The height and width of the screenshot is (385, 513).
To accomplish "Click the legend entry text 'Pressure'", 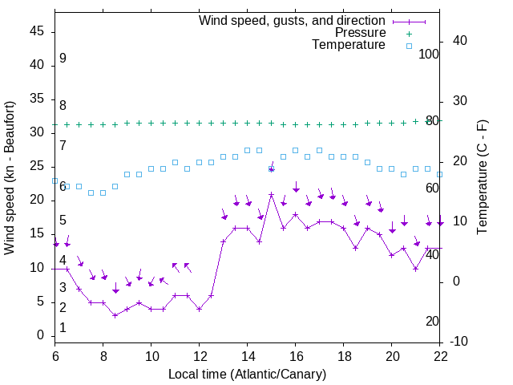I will pyautogui.click(x=361, y=33).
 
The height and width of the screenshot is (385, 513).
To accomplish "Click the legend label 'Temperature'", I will pyautogui.click(x=349, y=45).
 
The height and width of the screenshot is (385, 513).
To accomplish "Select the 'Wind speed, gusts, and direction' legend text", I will pyautogui.click(x=293, y=20).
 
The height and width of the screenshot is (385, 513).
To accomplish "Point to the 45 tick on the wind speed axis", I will pyautogui.click(x=38, y=30).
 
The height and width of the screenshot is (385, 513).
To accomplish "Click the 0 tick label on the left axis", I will pyautogui.click(x=41, y=335).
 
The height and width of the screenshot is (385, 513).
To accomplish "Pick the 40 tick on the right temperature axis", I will pyautogui.click(x=459, y=41).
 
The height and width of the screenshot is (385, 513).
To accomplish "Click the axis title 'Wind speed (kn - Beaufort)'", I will pyautogui.click(x=10, y=178).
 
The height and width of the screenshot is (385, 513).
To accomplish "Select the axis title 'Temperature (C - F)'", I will pyautogui.click(x=481, y=178).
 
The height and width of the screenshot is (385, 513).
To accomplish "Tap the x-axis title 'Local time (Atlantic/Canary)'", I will pyautogui.click(x=247, y=374).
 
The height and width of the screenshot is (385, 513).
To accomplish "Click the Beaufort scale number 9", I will pyautogui.click(x=63, y=59).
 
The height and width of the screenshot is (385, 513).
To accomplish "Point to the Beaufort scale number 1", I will pyautogui.click(x=63, y=328).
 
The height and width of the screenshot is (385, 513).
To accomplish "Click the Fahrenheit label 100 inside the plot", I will pyautogui.click(x=429, y=54).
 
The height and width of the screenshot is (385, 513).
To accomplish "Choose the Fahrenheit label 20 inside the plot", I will pyautogui.click(x=432, y=322).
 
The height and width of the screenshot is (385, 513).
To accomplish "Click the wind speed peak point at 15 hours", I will pyautogui.click(x=272, y=194).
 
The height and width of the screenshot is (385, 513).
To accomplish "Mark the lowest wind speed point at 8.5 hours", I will pyautogui.click(x=115, y=315).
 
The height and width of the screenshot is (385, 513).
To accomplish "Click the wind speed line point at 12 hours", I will pyautogui.click(x=200, y=309).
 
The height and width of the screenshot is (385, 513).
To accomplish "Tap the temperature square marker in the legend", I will pyautogui.click(x=409, y=46).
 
